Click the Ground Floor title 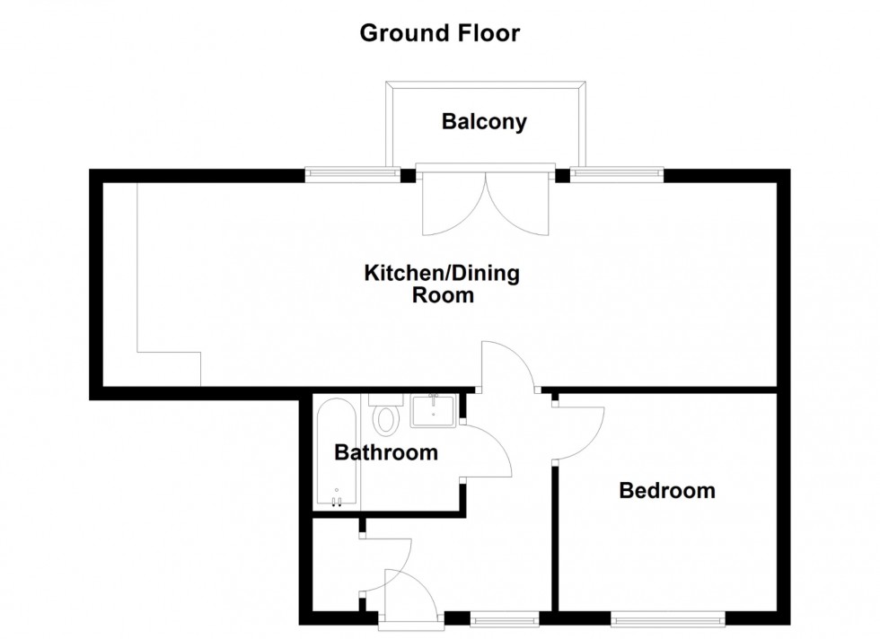click(439, 34)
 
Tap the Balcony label click(483, 122)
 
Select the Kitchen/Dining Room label click(441, 283)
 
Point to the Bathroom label click(386, 452)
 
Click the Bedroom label click(667, 491)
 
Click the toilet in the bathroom click(387, 418)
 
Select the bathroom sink click(434, 411)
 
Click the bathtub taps click(336, 500)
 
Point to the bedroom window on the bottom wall click(668, 618)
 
